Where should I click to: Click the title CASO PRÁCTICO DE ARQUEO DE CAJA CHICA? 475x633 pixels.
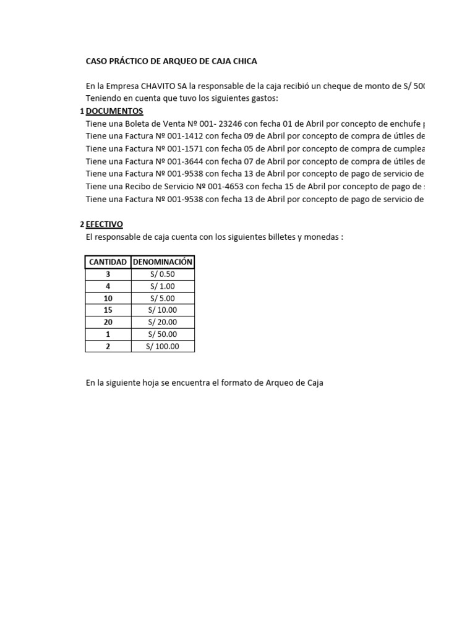coord(171,61)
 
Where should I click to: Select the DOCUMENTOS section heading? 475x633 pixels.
coord(114,111)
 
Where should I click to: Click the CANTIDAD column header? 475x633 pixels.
coord(108,262)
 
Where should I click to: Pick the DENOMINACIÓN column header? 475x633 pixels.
coord(163,262)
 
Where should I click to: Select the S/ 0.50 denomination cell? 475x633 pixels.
coord(163,274)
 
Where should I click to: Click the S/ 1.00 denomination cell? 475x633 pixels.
coord(163,286)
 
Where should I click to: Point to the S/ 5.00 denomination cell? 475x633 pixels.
coord(163,298)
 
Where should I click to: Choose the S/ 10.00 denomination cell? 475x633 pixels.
coord(163,310)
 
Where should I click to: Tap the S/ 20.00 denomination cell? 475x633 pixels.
coord(163,322)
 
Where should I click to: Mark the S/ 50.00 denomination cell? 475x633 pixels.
coord(163,334)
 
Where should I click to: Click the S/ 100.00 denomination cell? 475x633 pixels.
coord(163,346)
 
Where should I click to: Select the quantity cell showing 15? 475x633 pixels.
coord(108,310)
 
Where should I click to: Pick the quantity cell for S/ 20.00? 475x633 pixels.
coord(108,322)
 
